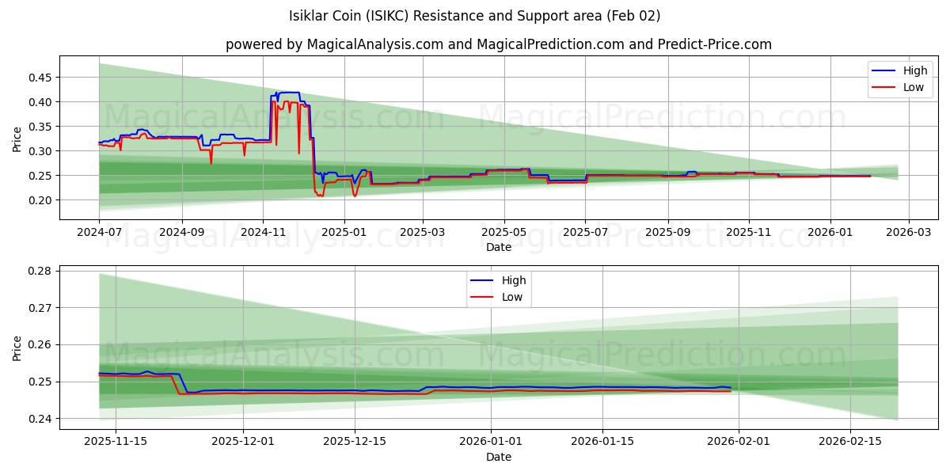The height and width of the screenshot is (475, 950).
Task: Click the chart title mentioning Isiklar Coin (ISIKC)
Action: [x=475, y=16]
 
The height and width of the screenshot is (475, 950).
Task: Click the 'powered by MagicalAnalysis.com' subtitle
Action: [x=499, y=44]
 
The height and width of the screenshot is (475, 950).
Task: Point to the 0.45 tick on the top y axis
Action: [x=40, y=78]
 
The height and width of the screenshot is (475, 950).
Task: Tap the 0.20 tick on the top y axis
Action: [x=40, y=200]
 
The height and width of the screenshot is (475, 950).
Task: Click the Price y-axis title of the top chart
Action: [x=17, y=139]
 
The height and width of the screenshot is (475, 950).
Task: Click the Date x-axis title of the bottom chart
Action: [x=499, y=458]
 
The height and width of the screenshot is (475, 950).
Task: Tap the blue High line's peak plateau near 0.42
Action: [x=289, y=93]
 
